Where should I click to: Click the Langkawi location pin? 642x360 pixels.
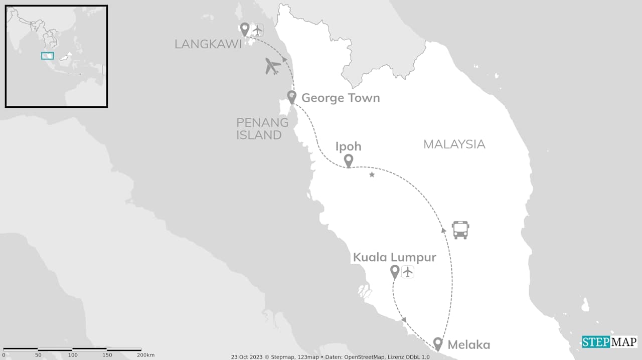[x=245, y=29]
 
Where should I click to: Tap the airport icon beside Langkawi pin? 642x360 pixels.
[x=257, y=30]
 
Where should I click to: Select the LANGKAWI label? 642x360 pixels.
[x=208, y=44]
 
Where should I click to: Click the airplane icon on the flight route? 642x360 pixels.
[x=272, y=66]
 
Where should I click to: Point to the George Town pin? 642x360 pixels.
[x=292, y=97]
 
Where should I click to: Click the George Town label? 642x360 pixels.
[x=340, y=98]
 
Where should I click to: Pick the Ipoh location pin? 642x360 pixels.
[x=349, y=160]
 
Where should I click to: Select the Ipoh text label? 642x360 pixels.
[x=348, y=146]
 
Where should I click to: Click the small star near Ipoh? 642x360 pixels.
[x=372, y=174]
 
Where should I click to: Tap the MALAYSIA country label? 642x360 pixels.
[x=454, y=144]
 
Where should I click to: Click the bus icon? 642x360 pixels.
[x=460, y=230]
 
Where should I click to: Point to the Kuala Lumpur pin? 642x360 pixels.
[x=395, y=271]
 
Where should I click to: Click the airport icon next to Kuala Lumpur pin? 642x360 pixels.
[x=408, y=272]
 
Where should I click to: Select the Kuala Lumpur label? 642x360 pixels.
[x=394, y=257]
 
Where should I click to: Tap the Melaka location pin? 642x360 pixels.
[x=438, y=343]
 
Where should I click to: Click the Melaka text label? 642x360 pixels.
[x=468, y=345]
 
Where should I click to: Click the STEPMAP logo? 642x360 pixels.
[x=609, y=342]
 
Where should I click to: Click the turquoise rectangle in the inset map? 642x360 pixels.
[x=47, y=56]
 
